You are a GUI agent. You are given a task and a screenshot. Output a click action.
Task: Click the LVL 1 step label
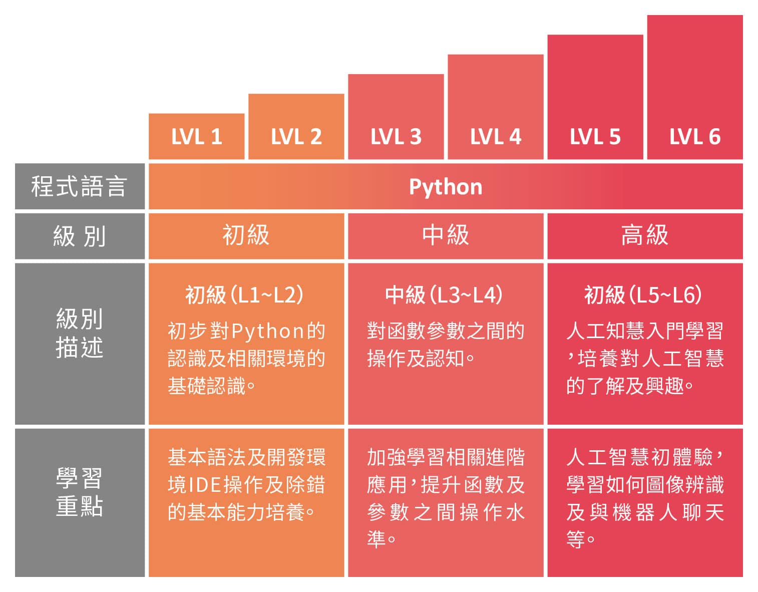[x=196, y=137]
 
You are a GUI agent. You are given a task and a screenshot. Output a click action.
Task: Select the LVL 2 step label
[x=296, y=137]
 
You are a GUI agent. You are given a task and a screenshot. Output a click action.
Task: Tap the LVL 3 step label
[x=396, y=137]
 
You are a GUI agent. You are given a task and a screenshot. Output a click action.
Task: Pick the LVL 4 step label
[x=495, y=137]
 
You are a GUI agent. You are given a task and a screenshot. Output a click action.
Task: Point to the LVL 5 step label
[x=595, y=137]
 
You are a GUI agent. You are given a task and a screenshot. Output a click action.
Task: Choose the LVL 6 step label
[x=694, y=137]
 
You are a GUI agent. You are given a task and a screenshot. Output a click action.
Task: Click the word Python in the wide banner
[x=446, y=187]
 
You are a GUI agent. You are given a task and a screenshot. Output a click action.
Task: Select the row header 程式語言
[x=79, y=186]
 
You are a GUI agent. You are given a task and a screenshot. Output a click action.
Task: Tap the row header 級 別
[x=79, y=236]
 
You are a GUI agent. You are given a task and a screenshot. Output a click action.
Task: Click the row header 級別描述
[x=79, y=333]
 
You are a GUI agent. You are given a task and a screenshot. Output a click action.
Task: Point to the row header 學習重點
[x=79, y=492]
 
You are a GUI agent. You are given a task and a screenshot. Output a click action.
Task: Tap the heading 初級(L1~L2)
[x=245, y=295]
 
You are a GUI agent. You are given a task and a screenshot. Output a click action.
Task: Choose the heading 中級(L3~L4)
[x=444, y=295]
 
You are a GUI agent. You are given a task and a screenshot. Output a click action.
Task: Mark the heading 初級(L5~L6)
[x=643, y=295]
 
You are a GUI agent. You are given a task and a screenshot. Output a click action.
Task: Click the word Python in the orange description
[x=268, y=331]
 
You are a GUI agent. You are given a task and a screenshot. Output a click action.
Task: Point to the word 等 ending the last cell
[x=575, y=540]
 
